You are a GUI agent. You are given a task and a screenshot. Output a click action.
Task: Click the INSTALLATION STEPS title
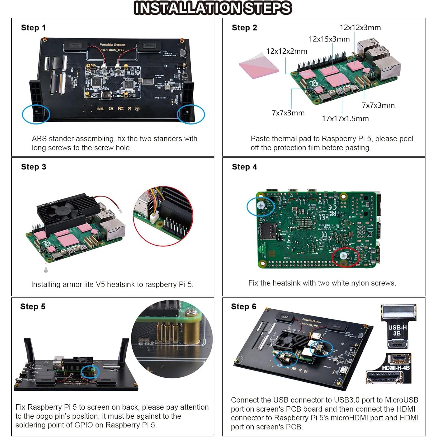click(213, 8)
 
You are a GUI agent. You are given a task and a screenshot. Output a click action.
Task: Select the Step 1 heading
click(33, 28)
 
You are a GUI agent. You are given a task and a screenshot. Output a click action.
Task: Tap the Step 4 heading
click(244, 167)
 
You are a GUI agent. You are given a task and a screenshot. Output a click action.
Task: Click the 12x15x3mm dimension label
click(329, 39)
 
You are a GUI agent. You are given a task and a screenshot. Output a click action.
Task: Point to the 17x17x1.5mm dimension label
click(345, 119)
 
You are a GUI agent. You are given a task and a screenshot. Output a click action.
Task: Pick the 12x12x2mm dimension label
click(287, 51)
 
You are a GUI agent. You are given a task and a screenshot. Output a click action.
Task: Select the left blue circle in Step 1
click(36, 114)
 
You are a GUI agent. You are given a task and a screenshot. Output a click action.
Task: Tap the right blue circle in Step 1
click(191, 114)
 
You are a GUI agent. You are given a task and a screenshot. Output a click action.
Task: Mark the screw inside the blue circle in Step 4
click(261, 206)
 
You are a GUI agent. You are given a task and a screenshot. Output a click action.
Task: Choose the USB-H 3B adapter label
click(397, 330)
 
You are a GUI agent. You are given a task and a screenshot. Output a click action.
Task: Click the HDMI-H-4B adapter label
click(396, 368)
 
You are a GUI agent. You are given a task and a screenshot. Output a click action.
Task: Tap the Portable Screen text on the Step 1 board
click(112, 45)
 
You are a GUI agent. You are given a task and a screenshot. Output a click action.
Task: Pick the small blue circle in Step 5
click(90, 372)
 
